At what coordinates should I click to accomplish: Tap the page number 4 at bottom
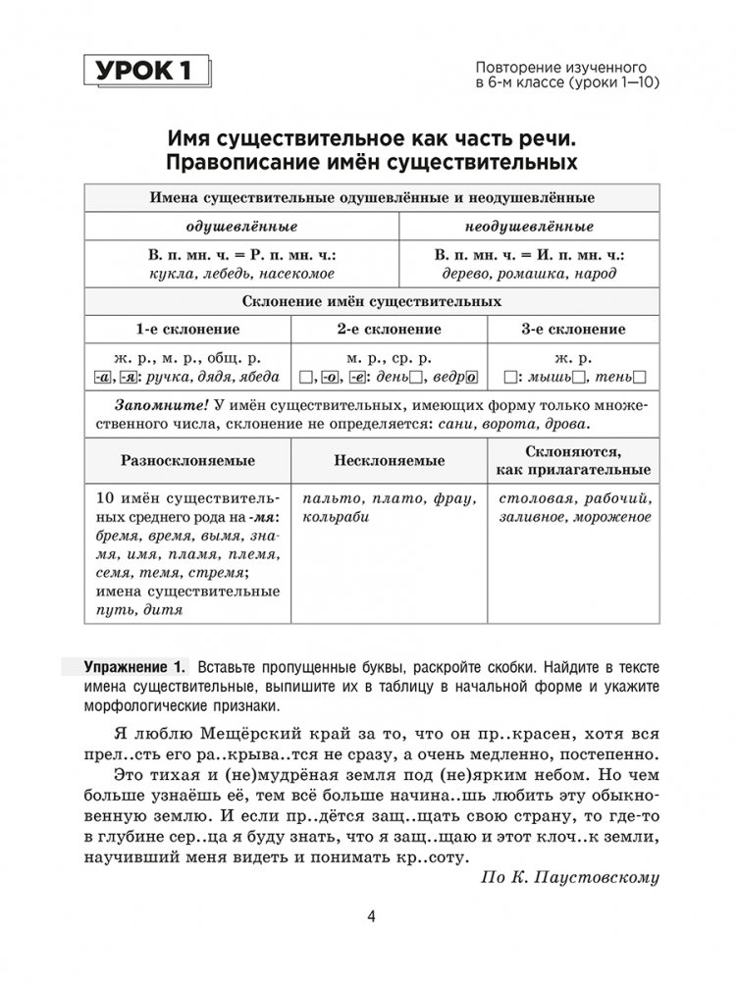pyautogui.click(x=368, y=917)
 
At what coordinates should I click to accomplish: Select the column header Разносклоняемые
pyautogui.click(x=188, y=460)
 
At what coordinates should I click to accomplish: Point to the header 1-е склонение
pyautogui.click(x=187, y=329)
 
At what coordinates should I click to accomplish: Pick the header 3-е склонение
pyautogui.click(x=573, y=329)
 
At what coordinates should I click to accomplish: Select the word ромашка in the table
pyautogui.click(x=534, y=273)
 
